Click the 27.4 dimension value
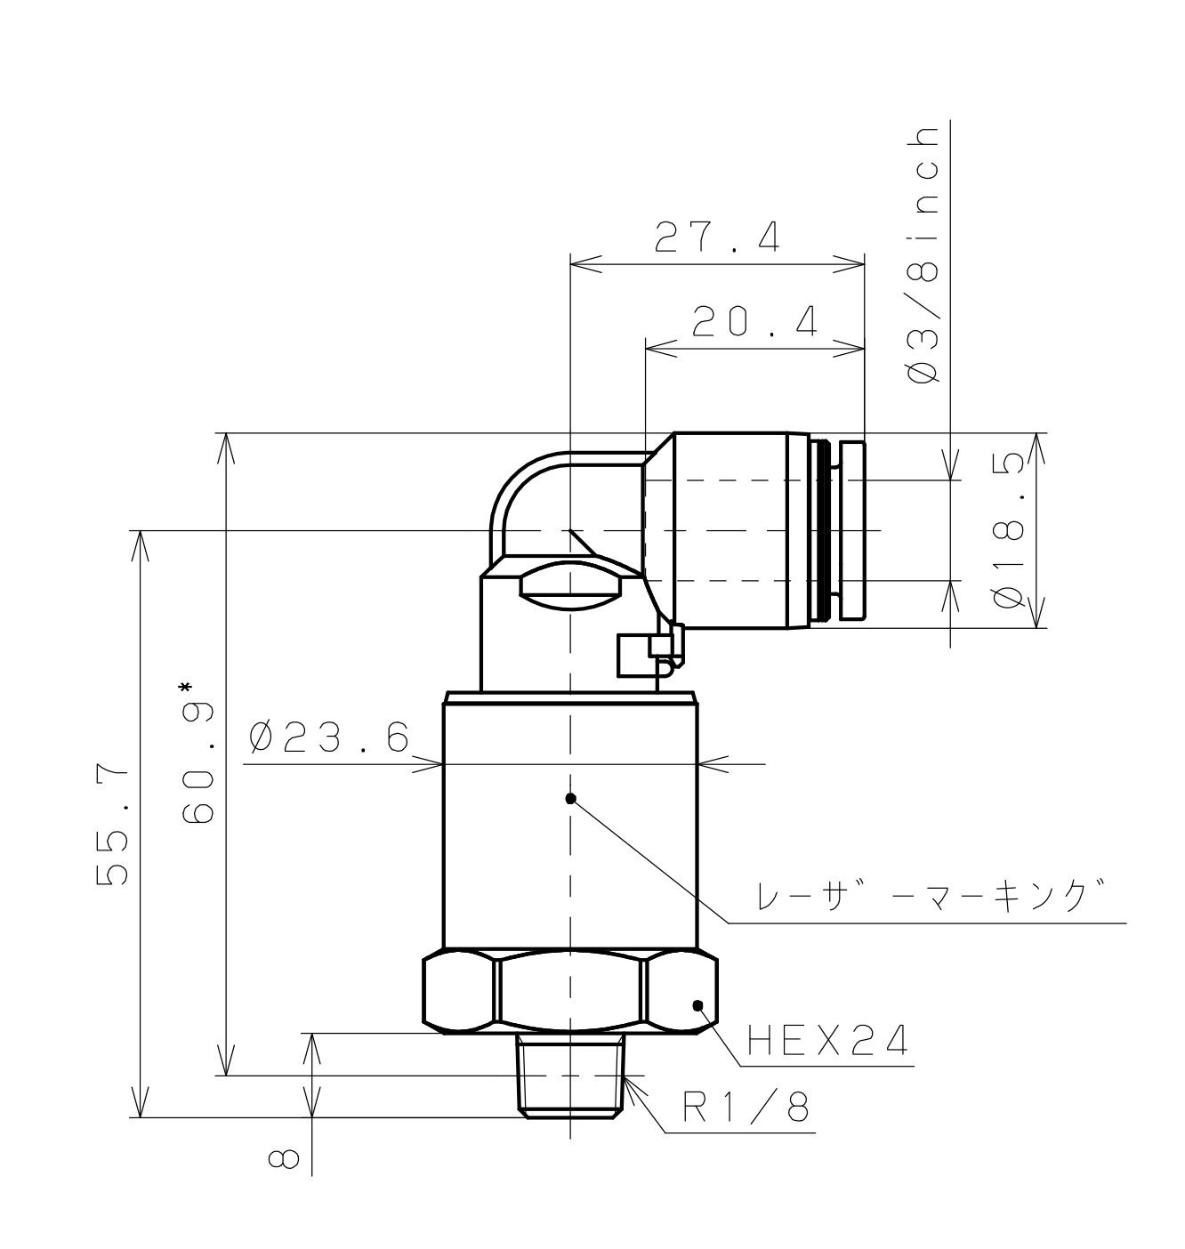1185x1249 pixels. click(717, 238)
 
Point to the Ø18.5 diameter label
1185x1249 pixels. click(1010, 531)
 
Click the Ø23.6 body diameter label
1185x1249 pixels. click(329, 737)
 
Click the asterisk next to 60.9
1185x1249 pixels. click(185, 688)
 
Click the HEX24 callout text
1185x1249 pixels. click(826, 1039)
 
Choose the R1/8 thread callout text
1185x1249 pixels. click(746, 1108)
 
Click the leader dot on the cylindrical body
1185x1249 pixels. click(571, 798)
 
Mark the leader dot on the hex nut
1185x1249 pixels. click(697, 1005)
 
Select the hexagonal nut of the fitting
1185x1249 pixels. click(569, 992)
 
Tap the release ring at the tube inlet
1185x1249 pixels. click(851, 530)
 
